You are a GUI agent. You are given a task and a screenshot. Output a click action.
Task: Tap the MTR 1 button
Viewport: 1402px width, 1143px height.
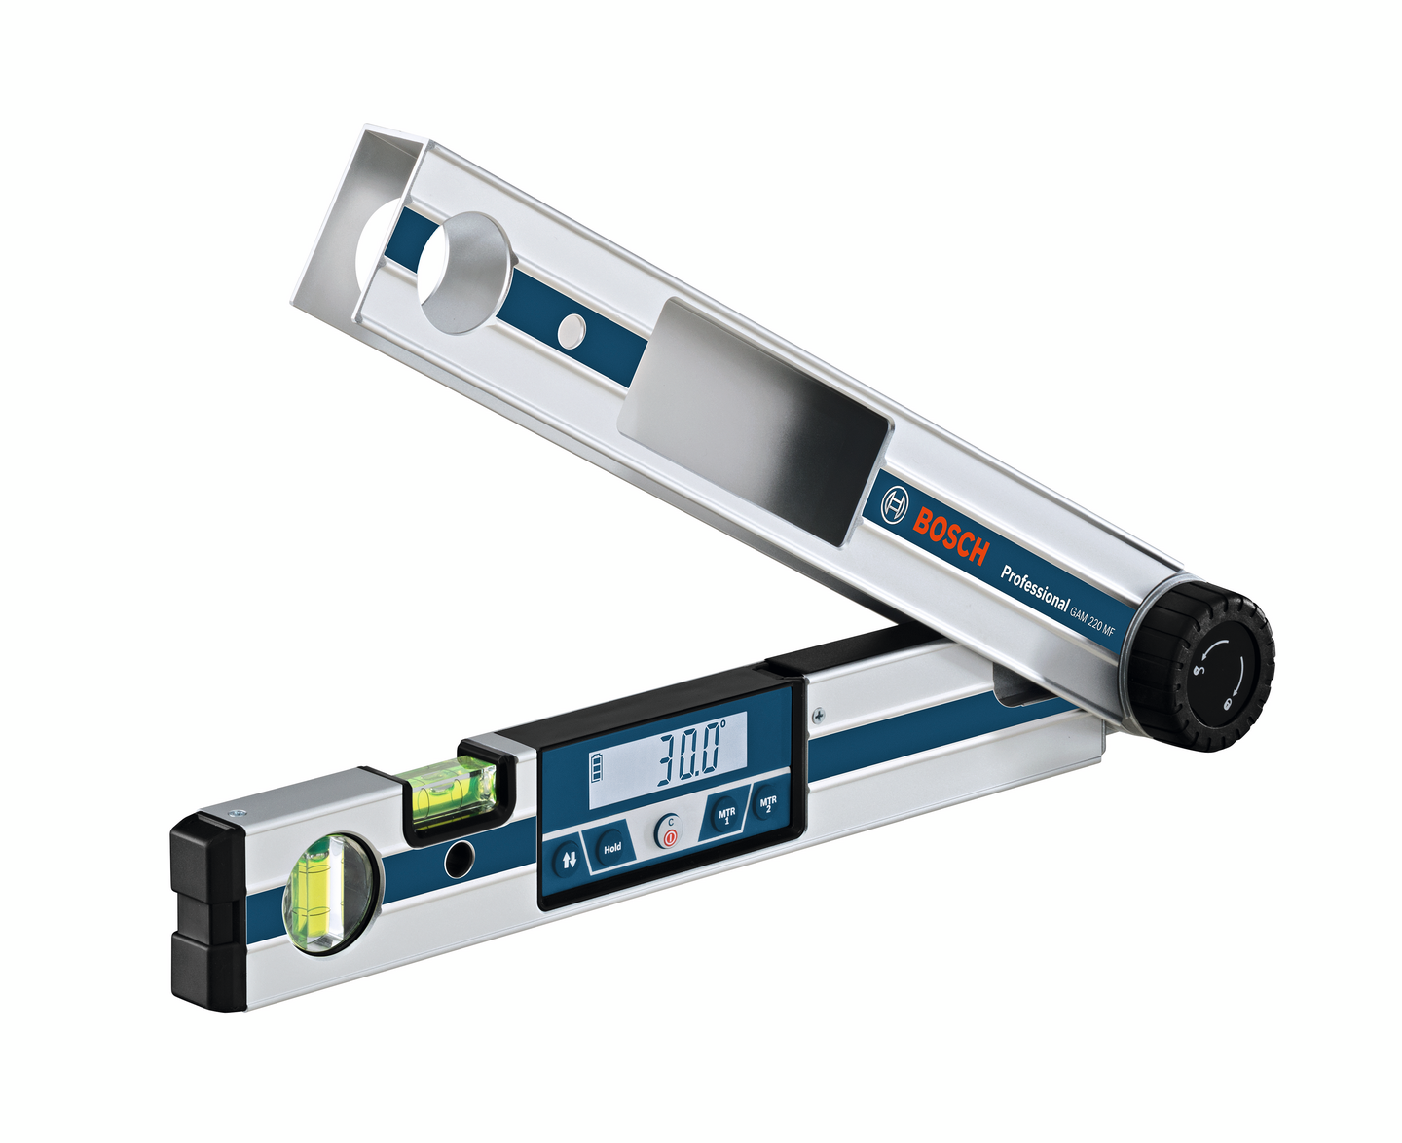coord(726,813)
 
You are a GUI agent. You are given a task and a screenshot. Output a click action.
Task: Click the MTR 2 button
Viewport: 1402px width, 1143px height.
coord(768,804)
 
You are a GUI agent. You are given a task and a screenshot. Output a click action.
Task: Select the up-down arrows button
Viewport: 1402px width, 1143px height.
coord(570,860)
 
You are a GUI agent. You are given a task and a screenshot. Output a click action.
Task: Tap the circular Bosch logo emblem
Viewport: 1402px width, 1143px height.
coord(894,504)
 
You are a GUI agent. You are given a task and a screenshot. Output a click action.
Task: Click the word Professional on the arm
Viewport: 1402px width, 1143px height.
coord(1034,588)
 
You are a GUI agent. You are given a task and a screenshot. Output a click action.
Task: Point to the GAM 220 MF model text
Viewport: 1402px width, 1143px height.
coord(1091,622)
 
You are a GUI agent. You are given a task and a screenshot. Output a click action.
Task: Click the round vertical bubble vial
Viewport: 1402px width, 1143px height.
coord(328,892)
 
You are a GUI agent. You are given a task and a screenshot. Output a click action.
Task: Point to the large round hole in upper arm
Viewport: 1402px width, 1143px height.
coord(464,273)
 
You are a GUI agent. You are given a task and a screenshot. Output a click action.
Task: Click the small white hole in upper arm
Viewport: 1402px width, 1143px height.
coord(572,331)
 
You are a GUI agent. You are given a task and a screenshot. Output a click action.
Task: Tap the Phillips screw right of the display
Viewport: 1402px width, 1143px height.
coord(821,716)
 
